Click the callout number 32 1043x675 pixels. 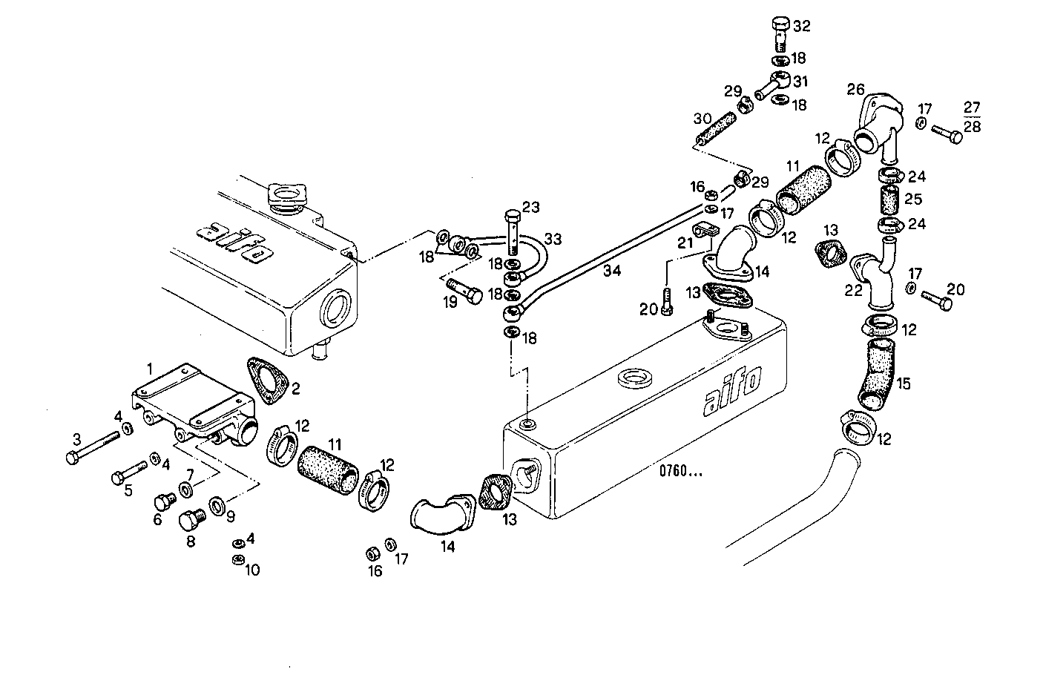802,26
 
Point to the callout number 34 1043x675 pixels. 611,271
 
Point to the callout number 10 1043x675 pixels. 252,570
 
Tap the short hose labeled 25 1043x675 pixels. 889,200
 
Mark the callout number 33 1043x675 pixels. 553,240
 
